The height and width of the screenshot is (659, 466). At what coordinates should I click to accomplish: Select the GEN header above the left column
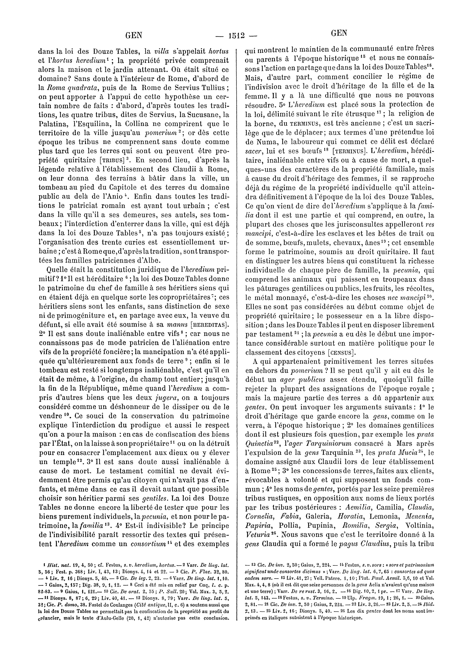click(134, 35)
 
